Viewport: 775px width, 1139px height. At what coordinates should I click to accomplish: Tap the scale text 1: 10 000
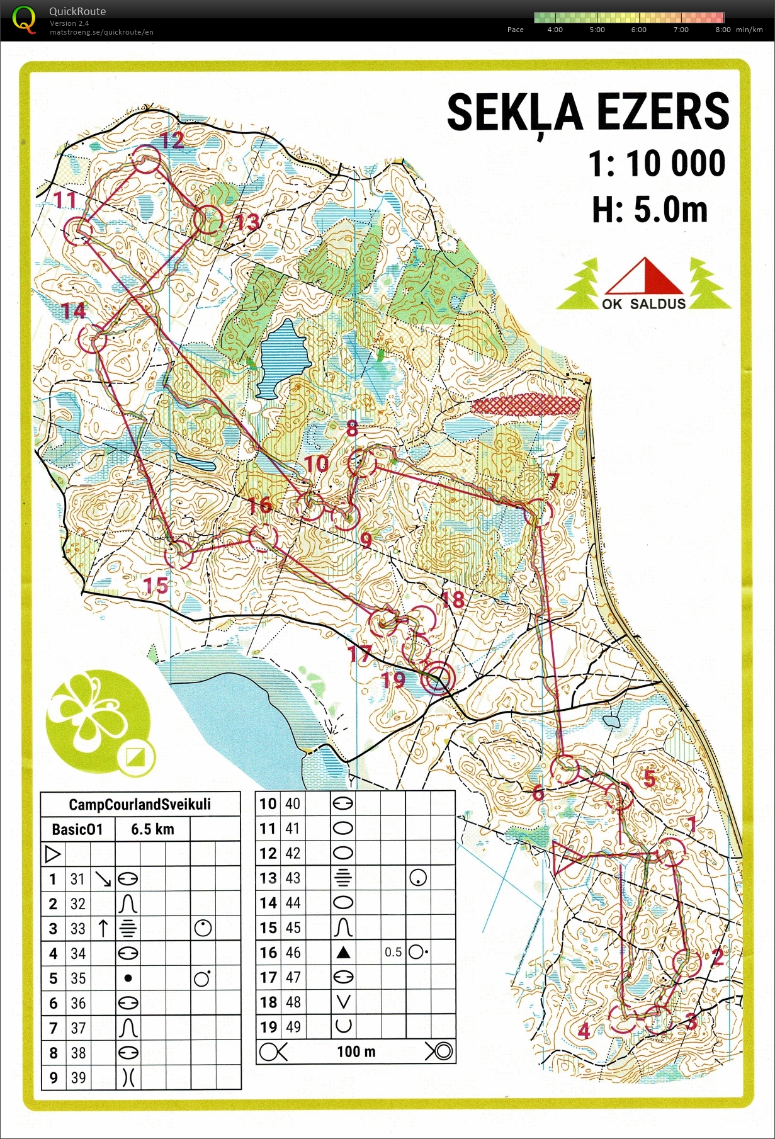pyautogui.click(x=657, y=164)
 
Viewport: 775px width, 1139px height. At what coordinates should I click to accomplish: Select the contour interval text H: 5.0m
pyautogui.click(x=649, y=210)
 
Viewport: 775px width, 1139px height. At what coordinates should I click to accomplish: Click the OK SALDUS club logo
pyautogui.click(x=643, y=285)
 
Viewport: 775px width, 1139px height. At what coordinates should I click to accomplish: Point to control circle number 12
pyautogui.click(x=147, y=162)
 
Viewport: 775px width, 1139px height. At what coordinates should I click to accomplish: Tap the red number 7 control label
pyautogui.click(x=553, y=482)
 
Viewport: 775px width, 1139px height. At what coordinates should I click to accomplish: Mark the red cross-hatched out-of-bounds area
pyautogui.click(x=526, y=405)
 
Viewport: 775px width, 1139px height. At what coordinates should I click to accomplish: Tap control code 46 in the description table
pyautogui.click(x=293, y=953)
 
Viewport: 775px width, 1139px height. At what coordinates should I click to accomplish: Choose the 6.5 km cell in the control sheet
pyautogui.click(x=152, y=829)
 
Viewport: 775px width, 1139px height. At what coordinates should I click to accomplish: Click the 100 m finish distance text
pyautogui.click(x=356, y=1052)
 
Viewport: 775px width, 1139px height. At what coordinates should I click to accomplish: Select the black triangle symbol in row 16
pyautogui.click(x=343, y=953)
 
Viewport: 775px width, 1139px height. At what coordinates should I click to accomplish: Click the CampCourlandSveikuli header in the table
pyautogui.click(x=140, y=805)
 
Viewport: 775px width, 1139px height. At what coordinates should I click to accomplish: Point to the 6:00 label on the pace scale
pyautogui.click(x=638, y=30)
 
